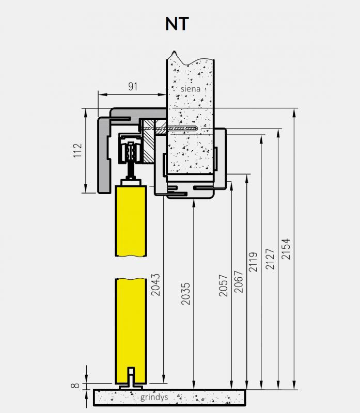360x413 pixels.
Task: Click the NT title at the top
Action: pyautogui.click(x=177, y=24)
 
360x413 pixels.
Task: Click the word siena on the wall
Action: pyautogui.click(x=190, y=89)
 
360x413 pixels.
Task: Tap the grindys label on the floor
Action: pyautogui.click(x=154, y=397)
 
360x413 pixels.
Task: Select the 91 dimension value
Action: pyautogui.click(x=133, y=86)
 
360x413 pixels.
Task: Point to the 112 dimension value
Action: pyautogui.click(x=77, y=150)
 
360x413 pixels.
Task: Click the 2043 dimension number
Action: pyautogui.click(x=155, y=285)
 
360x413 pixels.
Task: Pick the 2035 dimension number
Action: pyautogui.click(x=185, y=294)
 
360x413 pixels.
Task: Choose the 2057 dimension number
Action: pyautogui.click(x=223, y=285)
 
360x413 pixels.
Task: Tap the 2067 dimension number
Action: pyautogui.click(x=239, y=282)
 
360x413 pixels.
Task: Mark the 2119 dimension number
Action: pyautogui.click(x=253, y=262)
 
